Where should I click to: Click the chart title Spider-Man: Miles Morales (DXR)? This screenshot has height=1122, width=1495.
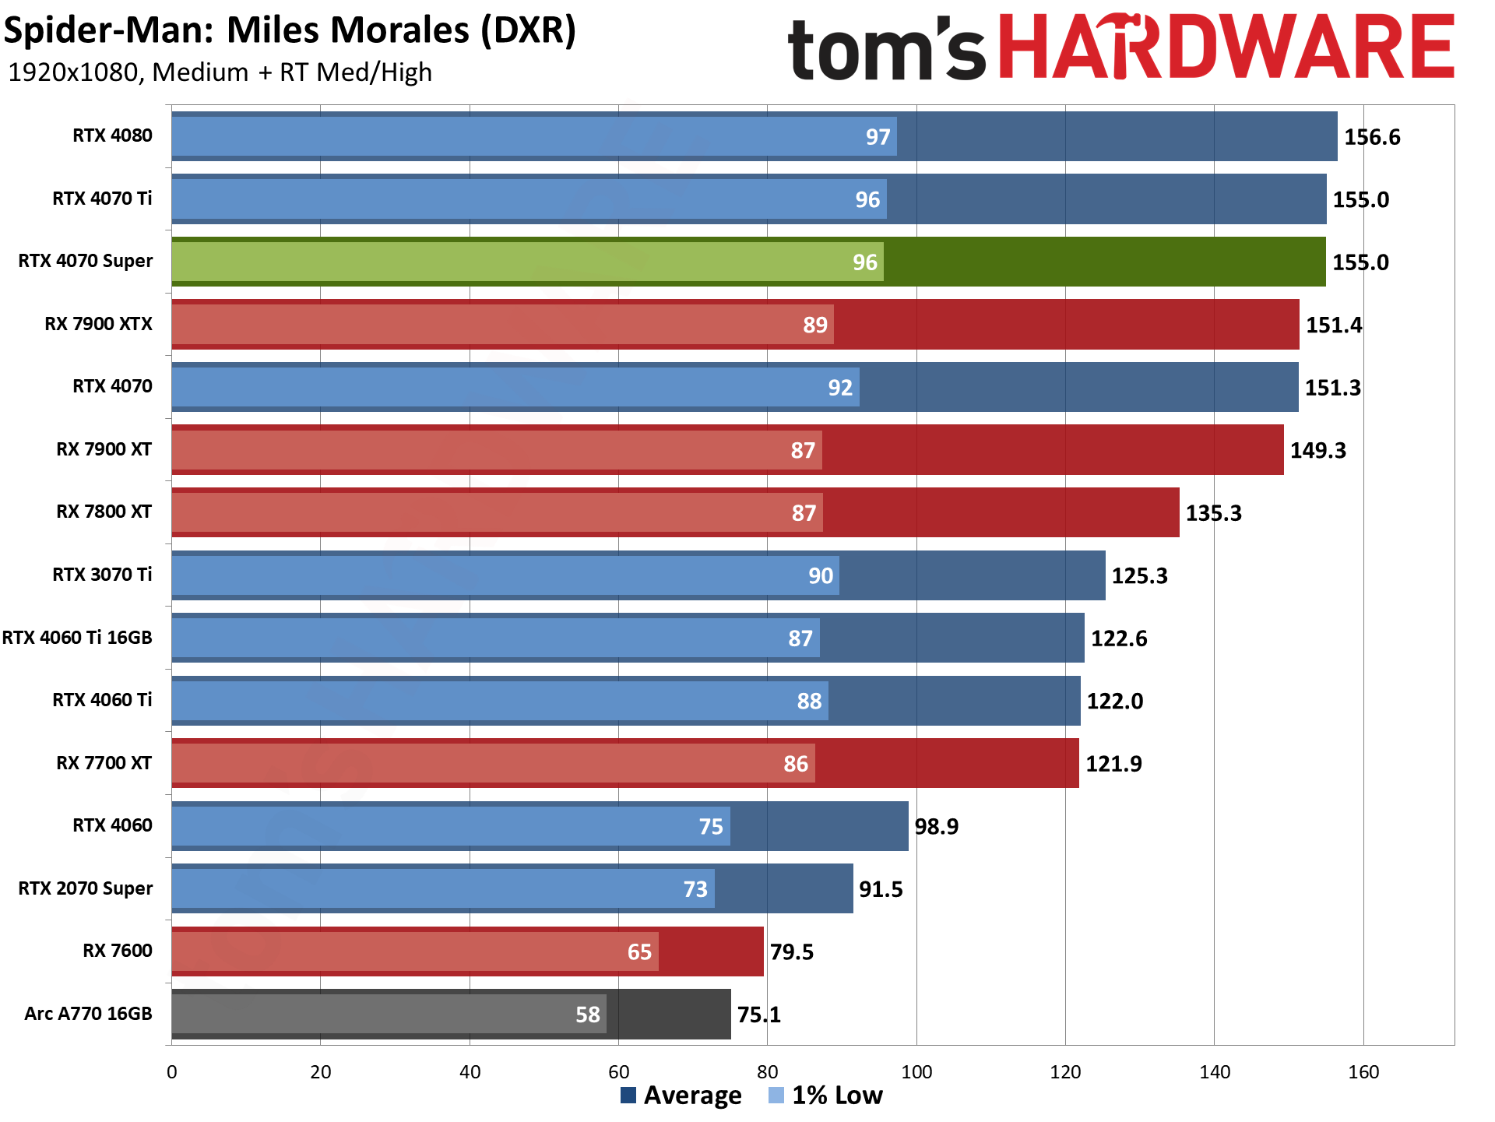[290, 31]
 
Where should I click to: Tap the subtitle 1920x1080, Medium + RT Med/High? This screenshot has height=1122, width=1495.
[220, 72]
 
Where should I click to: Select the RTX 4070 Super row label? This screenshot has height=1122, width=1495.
[86, 261]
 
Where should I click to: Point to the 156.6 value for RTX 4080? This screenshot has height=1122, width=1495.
[1372, 137]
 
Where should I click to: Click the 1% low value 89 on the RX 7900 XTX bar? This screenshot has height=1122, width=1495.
[814, 325]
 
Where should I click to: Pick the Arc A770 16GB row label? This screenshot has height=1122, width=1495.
[88, 1014]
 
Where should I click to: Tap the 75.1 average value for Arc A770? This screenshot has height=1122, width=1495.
[758, 1015]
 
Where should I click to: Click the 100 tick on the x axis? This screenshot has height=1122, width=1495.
[916, 1072]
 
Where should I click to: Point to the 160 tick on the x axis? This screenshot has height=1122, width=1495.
[1363, 1072]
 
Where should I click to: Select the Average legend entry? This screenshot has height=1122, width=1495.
[681, 1096]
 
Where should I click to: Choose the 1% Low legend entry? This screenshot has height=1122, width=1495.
[826, 1096]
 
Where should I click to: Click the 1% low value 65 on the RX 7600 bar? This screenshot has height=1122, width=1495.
[639, 951]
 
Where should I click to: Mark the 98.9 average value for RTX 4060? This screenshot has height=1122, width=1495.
[936, 826]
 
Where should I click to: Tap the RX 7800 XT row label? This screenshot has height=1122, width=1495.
[104, 512]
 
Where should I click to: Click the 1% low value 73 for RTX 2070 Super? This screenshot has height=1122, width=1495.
[695, 889]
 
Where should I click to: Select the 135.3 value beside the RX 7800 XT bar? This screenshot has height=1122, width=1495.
[1213, 513]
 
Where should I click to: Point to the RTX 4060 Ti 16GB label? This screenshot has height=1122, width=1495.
[77, 638]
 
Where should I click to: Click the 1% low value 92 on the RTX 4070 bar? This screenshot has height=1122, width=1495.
[840, 388]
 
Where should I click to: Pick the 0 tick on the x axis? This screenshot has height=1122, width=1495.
[172, 1072]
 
